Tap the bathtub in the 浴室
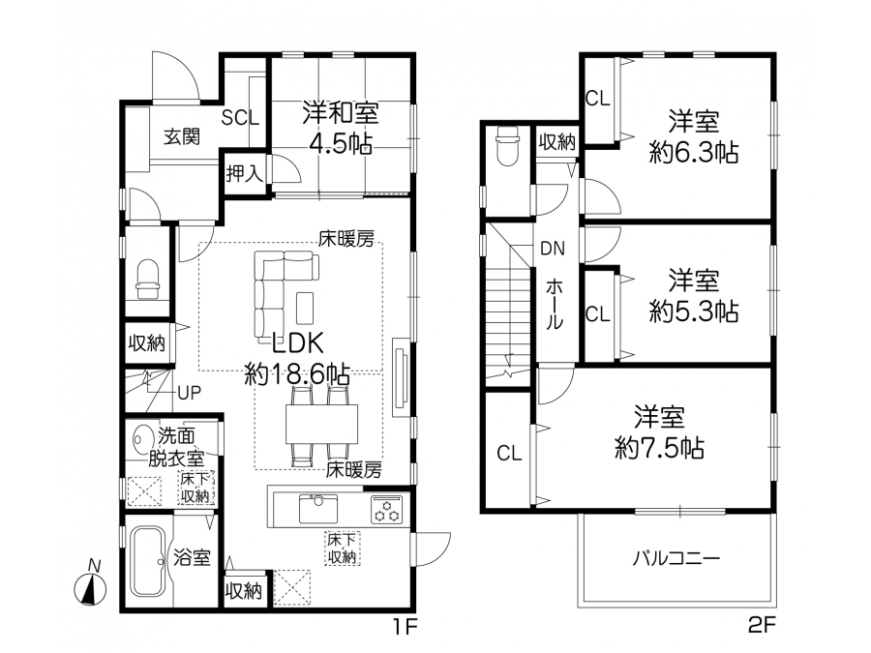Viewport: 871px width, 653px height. (147, 561)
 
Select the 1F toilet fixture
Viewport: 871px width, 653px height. (148, 279)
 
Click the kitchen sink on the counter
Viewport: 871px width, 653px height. (318, 508)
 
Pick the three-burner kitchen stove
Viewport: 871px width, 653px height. (386, 509)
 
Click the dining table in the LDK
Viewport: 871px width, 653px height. (321, 424)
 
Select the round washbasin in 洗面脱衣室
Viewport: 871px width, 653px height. (142, 438)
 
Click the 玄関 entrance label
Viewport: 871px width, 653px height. (182, 136)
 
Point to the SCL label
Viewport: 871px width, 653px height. (241, 118)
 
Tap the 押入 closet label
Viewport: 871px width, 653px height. (245, 174)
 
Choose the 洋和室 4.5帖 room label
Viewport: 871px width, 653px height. (341, 127)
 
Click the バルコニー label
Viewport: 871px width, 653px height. (676, 557)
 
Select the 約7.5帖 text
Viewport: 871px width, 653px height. (659, 448)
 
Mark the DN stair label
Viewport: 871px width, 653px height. (553, 249)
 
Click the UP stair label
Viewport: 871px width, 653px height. (189, 393)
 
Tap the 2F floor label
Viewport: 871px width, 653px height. (761, 626)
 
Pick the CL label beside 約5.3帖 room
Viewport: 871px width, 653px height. (598, 314)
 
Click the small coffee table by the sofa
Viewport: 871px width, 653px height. (305, 308)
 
